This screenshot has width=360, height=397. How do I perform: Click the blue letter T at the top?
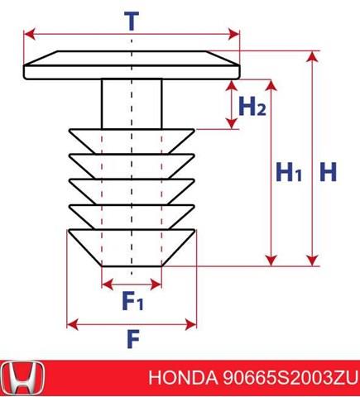[132, 21]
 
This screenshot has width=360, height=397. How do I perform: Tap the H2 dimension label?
[252, 106]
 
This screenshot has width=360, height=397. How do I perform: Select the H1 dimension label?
[289, 172]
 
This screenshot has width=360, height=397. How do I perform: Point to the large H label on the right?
[329, 172]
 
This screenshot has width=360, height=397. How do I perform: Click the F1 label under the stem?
[132, 300]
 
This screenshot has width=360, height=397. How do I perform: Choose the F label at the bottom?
[133, 339]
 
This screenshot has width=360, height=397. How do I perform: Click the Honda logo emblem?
[22, 379]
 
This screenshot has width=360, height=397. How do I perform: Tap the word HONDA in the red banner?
[183, 378]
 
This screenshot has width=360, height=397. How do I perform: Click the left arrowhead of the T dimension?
[30, 34]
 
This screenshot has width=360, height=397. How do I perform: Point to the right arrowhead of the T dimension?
[234, 34]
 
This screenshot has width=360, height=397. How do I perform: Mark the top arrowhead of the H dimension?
[313, 56]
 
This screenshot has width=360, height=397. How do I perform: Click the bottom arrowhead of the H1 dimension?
[271, 261]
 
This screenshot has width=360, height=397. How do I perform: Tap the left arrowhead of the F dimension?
[73, 324]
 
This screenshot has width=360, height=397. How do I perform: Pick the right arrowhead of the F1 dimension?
[156, 285]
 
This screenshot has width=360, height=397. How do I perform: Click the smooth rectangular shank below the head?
[132, 104]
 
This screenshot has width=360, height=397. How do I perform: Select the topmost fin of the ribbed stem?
[132, 141]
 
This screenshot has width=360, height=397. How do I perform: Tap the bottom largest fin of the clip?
[132, 248]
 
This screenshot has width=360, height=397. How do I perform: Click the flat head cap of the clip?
[132, 65]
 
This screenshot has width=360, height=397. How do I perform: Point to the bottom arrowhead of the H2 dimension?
[232, 123]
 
